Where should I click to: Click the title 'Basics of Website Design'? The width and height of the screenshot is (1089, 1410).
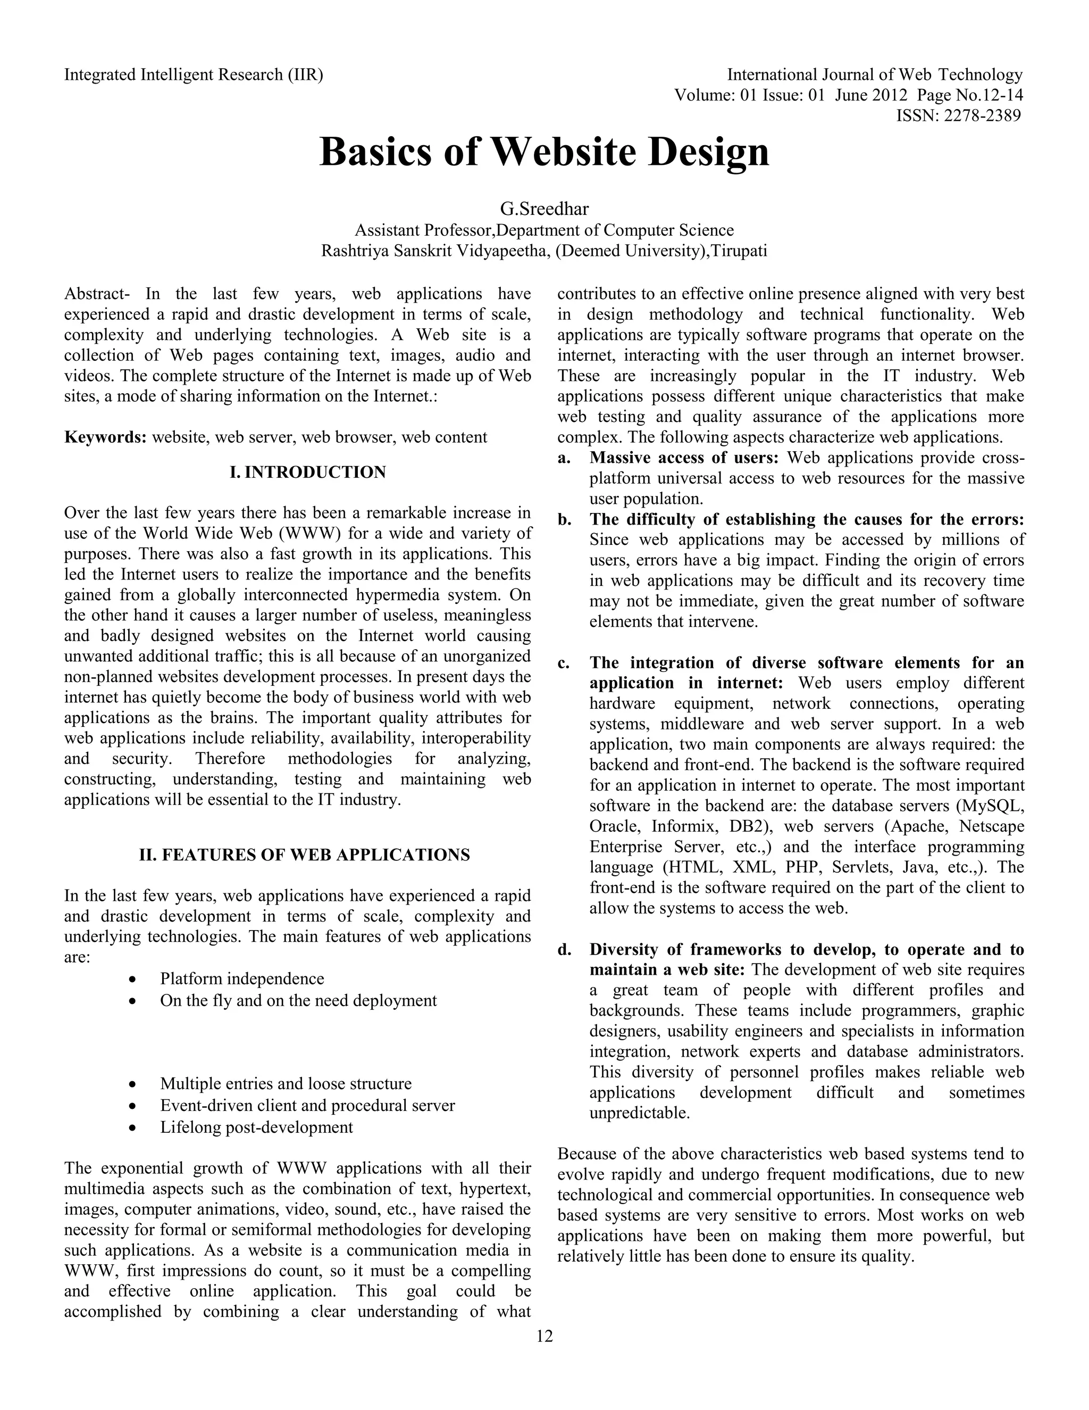tap(544, 153)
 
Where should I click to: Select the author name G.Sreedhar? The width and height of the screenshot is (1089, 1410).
tap(544, 209)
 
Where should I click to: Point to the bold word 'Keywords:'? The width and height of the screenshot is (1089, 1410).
tap(105, 438)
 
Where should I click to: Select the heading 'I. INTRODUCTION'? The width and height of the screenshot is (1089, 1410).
tap(308, 472)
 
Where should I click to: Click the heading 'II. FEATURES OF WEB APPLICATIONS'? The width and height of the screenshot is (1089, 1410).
tap(305, 856)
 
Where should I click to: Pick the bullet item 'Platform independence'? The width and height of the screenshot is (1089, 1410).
tap(242, 978)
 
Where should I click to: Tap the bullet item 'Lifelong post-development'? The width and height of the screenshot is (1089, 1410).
tap(256, 1127)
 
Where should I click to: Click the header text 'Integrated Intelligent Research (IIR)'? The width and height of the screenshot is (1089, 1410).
tap(194, 75)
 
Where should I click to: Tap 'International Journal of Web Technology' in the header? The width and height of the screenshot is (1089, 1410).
tap(875, 75)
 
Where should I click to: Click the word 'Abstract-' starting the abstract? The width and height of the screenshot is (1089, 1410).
tap(97, 294)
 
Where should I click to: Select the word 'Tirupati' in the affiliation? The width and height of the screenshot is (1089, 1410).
tap(739, 251)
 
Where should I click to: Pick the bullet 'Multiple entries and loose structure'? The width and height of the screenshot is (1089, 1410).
tap(285, 1083)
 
